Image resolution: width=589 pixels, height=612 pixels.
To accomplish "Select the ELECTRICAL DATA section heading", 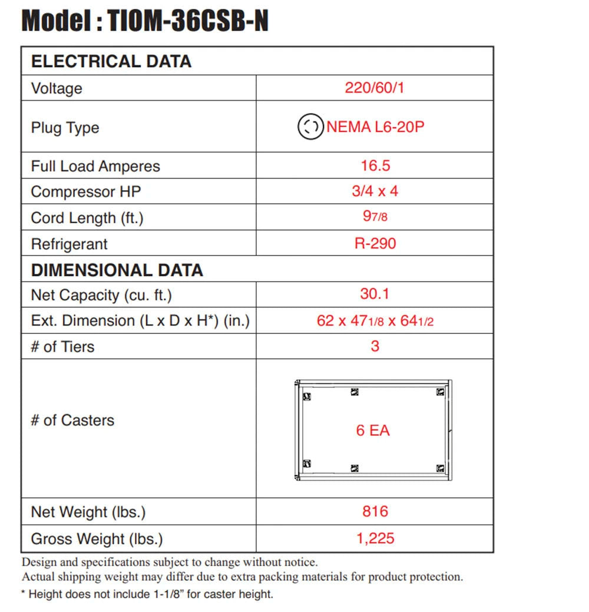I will point(111,61).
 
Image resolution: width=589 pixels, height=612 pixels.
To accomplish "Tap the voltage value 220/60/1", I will point(375,88).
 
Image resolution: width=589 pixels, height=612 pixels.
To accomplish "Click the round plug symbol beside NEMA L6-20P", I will point(310,127).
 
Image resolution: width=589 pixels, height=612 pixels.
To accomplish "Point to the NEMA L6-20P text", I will point(375,127).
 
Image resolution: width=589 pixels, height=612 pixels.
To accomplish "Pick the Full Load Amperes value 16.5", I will point(375,166).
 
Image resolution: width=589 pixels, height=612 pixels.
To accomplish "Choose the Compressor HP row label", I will point(86,192).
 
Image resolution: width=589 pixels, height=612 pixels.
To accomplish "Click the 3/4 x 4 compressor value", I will point(375,191).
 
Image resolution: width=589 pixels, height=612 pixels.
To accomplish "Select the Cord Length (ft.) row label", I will point(87,218).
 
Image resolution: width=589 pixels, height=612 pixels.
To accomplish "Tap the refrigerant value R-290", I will point(375,243).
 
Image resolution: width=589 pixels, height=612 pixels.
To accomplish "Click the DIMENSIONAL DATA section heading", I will point(117,270).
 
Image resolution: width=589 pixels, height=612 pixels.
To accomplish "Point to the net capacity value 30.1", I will point(375,293).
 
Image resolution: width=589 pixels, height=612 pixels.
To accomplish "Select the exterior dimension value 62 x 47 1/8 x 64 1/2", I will point(375,321).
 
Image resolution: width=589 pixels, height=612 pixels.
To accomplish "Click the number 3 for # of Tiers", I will point(375,346).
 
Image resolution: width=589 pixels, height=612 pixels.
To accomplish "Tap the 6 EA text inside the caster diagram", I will point(373,431).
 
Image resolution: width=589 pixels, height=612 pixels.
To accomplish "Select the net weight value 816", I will point(375,511).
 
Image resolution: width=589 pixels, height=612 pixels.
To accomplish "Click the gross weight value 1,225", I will point(375,538).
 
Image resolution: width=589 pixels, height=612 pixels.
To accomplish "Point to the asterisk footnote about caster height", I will point(147,594).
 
